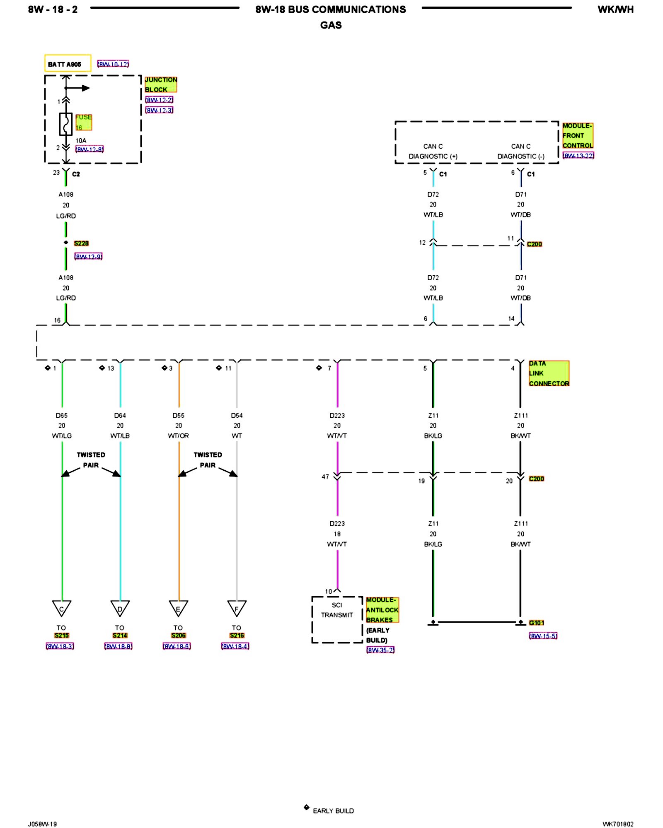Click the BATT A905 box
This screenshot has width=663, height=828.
68,63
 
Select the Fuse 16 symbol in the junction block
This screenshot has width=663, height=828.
65,124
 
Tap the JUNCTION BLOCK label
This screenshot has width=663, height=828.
160,84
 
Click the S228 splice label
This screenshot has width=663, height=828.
81,243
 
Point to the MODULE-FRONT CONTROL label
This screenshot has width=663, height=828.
577,135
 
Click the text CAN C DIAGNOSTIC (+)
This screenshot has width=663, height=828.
433,152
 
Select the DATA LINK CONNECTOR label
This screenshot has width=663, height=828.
549,373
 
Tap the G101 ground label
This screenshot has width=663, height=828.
536,623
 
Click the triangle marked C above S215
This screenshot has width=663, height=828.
62,608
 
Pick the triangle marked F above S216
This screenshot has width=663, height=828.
237,608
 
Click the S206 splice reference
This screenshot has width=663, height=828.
179,635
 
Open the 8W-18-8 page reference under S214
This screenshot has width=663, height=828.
119,646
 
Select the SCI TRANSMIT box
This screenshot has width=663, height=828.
337,619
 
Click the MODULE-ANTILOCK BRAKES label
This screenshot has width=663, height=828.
382,610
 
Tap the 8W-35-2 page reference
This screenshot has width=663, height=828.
380,650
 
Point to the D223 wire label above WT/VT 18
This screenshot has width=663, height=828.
337,523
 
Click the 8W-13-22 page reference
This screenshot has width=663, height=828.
578,156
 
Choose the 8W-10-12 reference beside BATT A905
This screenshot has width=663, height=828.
113,64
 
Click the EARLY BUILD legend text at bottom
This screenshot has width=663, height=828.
333,811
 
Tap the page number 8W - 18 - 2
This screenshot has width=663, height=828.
53,10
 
